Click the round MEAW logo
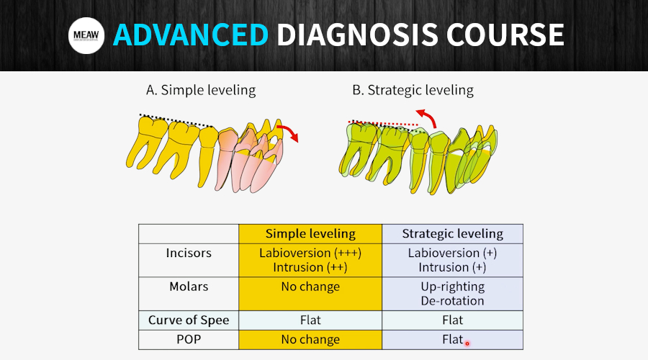point(86,35)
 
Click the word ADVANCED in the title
point(191,35)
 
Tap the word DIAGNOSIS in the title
point(357,35)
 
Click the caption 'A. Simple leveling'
point(201,90)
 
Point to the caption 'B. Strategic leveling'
point(413,90)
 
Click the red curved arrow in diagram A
point(288,132)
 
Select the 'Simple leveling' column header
point(310,234)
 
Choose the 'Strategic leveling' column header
point(453,234)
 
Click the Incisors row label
point(189,253)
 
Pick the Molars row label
point(189,287)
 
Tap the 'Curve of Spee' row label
point(189,320)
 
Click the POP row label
point(189,339)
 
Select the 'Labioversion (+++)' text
point(310,253)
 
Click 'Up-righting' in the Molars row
point(453,287)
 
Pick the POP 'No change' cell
point(310,339)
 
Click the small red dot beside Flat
point(467,343)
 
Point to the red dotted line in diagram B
point(383,123)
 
